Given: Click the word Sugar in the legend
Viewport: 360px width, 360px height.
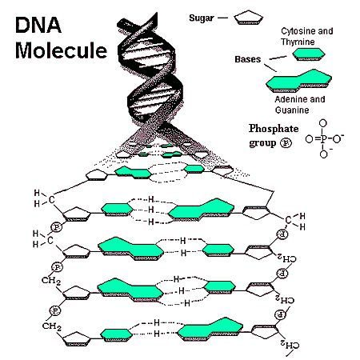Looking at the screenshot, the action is pos(202,18).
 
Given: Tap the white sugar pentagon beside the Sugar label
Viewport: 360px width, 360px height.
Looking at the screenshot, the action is pos(249,18).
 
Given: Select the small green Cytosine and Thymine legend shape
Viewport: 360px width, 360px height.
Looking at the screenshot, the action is pos(309,54).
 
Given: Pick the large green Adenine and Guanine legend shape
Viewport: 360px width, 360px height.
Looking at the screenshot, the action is pos(298,80).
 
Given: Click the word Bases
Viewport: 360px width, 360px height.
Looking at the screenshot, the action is pos(248,59).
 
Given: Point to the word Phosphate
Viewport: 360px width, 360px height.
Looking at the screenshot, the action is pos(274,129).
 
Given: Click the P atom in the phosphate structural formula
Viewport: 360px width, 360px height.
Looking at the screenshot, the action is pos(323,138).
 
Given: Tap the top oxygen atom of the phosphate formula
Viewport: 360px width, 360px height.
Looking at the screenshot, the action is pos(323,123).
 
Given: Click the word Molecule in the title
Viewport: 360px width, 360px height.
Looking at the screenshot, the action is pos(61,50).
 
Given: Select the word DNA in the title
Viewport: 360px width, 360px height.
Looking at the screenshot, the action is pos(38,25).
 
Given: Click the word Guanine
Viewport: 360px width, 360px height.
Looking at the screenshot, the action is pos(292,110).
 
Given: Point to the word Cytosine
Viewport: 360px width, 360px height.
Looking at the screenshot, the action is pos(298,31).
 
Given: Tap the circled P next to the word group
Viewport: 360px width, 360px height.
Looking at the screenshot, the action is pos(286,143).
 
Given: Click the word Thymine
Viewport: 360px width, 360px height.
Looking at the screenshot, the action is pos(298,42).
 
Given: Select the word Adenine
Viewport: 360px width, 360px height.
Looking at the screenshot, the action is pos(291,99).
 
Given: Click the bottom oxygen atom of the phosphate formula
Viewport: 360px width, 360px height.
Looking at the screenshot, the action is pos(323,154).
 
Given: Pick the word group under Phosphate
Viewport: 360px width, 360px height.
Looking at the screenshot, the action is pos(262,143).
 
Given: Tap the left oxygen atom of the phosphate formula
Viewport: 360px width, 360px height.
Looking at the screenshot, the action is pos(309,139).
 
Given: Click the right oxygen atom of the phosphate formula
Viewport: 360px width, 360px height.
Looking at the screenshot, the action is pos(337,139).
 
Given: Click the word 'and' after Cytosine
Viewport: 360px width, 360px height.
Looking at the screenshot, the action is pos(326,31).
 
